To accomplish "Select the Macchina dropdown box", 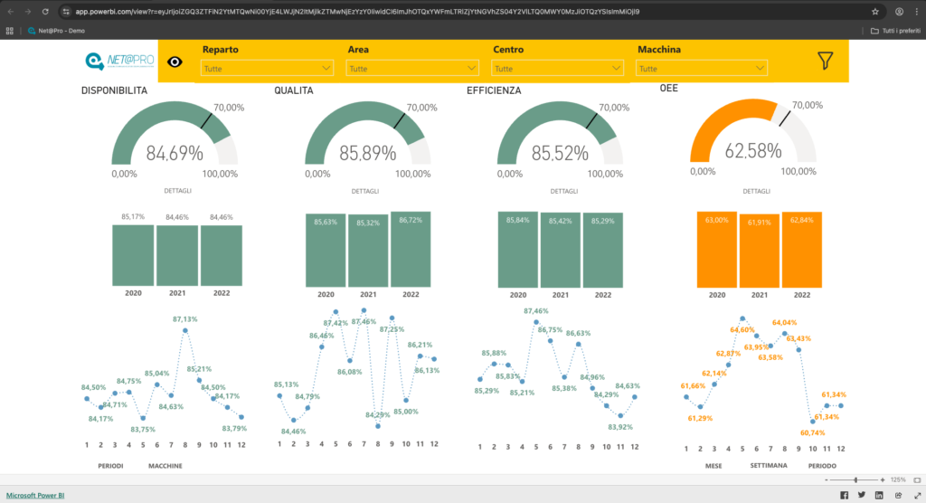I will tap(702, 68).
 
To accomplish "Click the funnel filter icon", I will tap(825, 61).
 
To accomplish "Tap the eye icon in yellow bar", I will tap(175, 62).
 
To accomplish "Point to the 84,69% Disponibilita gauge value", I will tap(175, 153).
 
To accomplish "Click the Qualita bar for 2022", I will tap(411, 249).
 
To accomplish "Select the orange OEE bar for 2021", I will tap(760, 250).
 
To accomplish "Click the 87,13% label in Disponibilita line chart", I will tap(184, 319).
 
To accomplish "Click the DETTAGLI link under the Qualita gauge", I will tap(366, 191).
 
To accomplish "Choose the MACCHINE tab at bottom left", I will tap(165, 465).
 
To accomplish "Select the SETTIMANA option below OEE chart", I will tap(769, 465).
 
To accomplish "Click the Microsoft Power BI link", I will tap(35, 495).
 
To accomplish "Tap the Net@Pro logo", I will tap(118, 62).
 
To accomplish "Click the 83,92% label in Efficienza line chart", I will tap(619, 427).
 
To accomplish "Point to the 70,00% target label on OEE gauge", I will tap(808, 105).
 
